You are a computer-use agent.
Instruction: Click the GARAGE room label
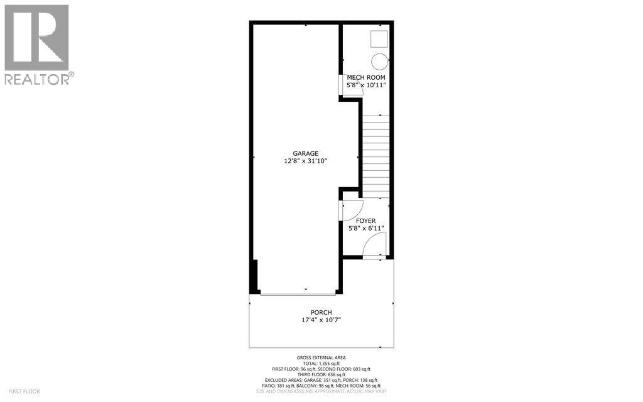click(305, 153)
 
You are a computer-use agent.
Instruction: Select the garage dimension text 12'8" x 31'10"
click(305, 161)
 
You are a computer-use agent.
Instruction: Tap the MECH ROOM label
click(365, 78)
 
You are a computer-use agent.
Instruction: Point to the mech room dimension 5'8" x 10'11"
click(367, 85)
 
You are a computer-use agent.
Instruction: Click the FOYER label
click(365, 220)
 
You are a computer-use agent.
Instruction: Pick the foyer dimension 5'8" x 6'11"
click(365, 229)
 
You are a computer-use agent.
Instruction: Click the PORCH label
click(321, 313)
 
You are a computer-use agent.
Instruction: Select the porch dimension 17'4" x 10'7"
click(321, 320)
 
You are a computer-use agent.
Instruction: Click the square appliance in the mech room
click(378, 39)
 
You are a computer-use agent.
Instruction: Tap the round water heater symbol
click(379, 61)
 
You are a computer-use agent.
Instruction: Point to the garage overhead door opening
click(298, 292)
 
